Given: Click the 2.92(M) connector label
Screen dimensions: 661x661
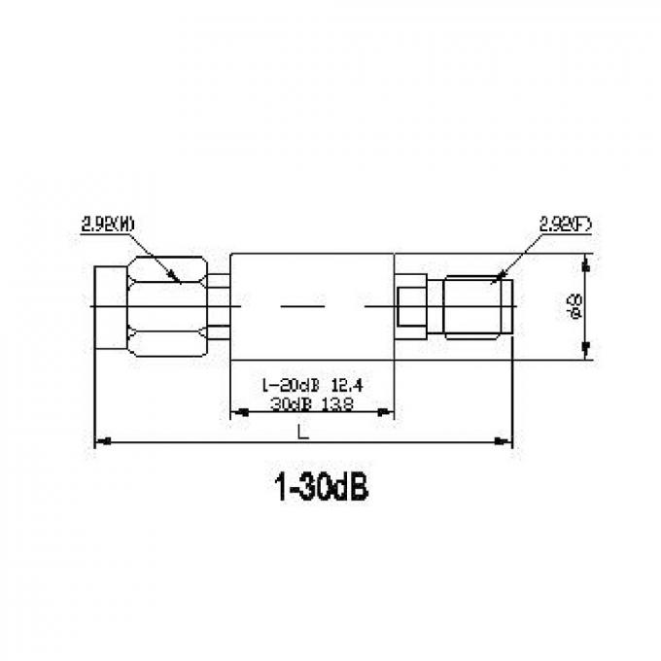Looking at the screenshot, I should coord(106,226).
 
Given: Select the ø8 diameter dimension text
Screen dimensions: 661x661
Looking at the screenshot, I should coord(575,306).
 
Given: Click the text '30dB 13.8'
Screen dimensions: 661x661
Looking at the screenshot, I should coord(311,401).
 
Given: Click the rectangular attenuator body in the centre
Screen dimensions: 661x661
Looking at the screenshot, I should coord(311,307).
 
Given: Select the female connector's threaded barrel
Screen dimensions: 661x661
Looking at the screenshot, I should coord(477,307).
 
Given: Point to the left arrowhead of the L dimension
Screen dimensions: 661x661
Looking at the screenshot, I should coord(100,442).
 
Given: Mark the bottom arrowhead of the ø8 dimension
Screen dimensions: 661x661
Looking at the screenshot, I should coord(587,356).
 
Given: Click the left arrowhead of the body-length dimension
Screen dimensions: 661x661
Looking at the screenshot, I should coord(235,413).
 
